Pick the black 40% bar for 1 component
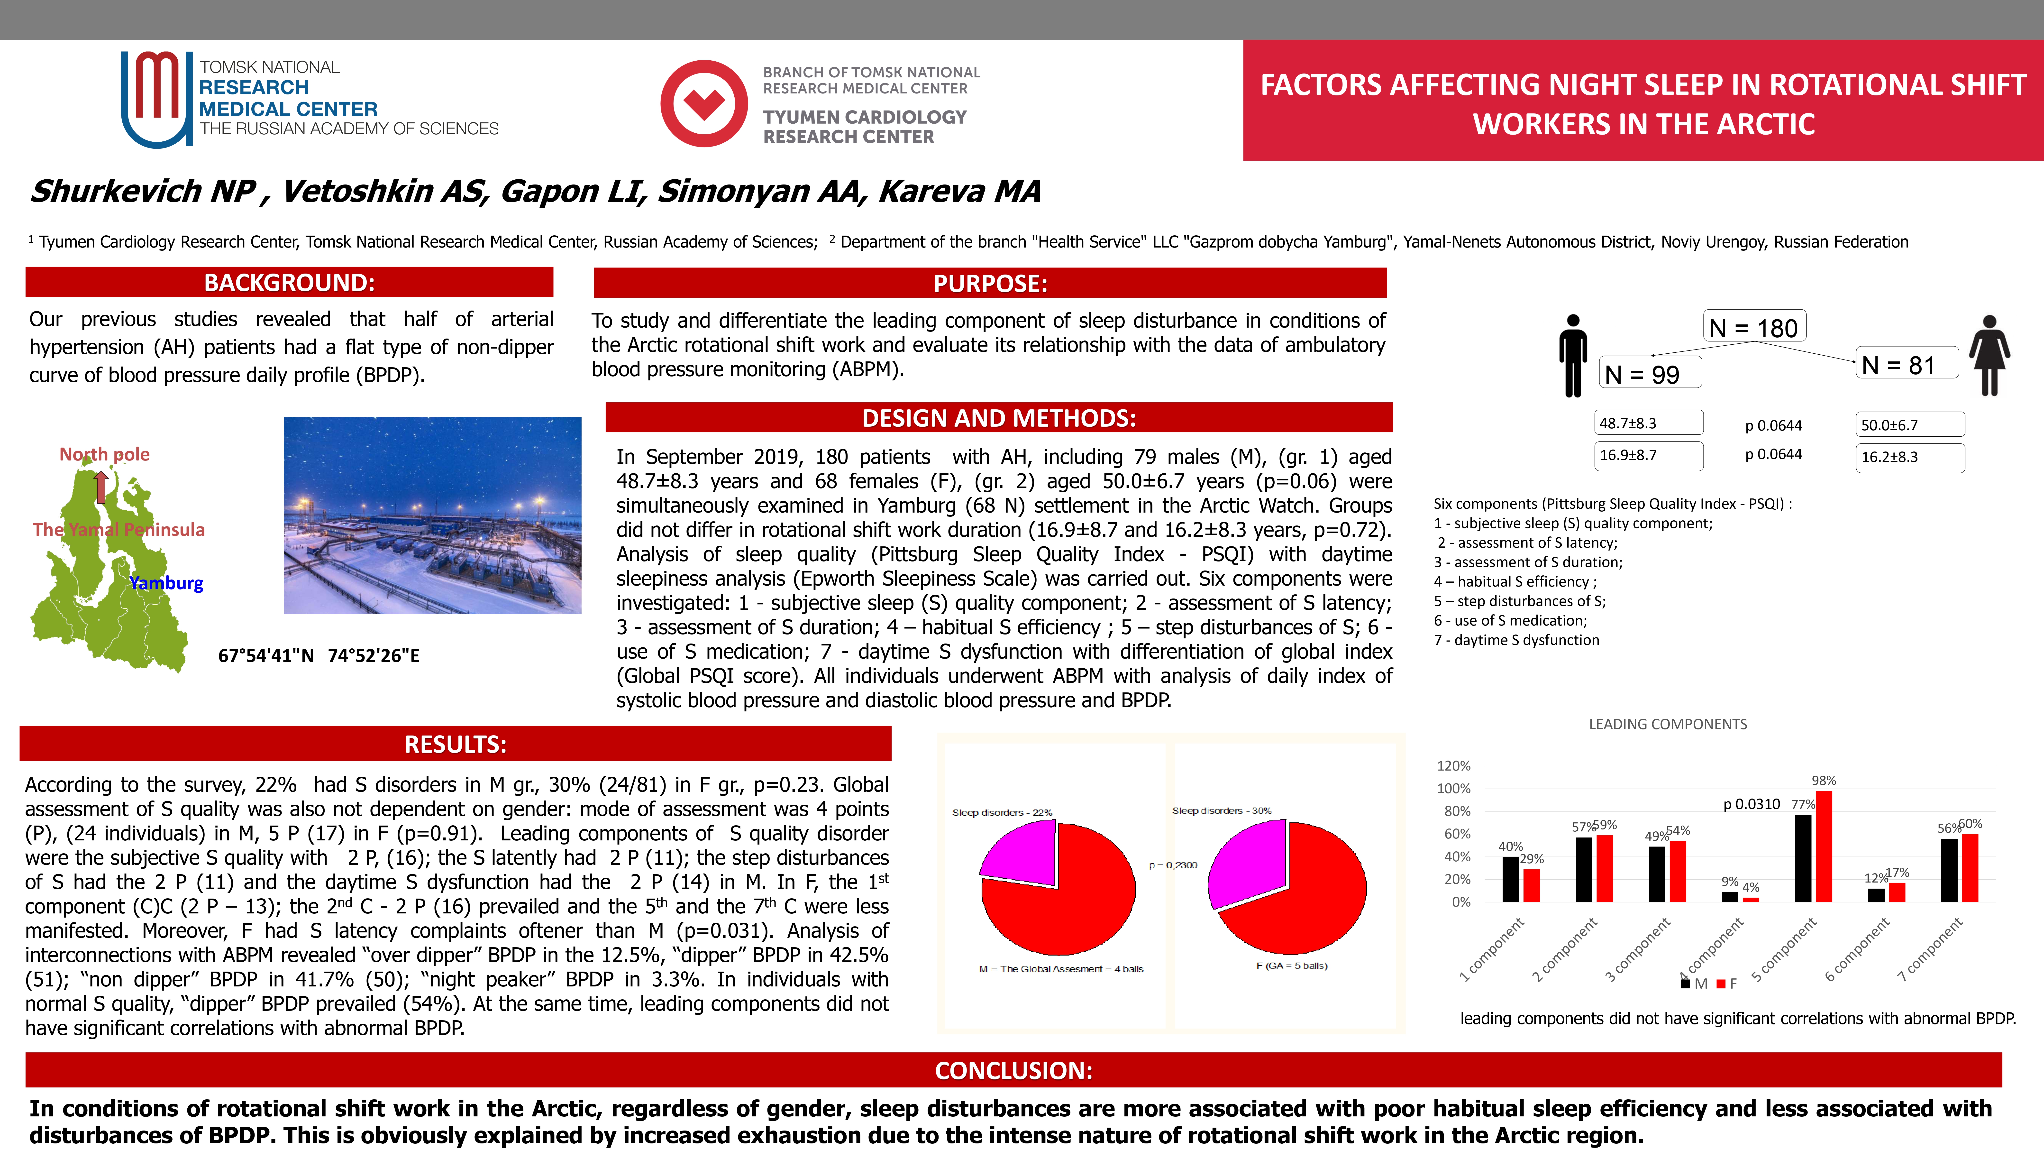tap(1511, 879)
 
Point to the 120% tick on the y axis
tap(1454, 766)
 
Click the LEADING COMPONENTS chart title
tap(1667, 724)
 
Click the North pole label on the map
tap(105, 454)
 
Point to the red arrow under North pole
tap(101, 487)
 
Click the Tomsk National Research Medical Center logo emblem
tap(156, 98)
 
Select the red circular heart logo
tap(704, 103)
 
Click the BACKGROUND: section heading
tap(289, 283)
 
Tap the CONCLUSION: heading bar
tap(1013, 1071)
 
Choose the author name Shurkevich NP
tap(143, 191)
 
